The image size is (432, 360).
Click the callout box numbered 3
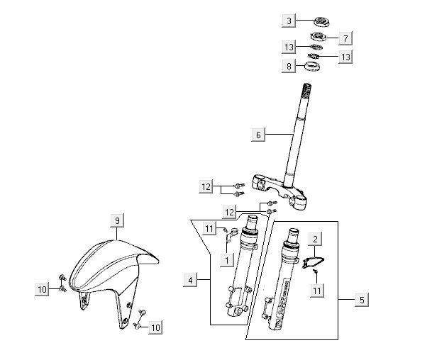coord(289,21)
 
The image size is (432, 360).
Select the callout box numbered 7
coord(345,37)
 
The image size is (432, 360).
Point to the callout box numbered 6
coord(259,134)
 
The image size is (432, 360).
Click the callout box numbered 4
coord(190,281)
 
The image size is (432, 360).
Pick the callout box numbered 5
coord(361,300)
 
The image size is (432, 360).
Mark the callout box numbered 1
coord(226,260)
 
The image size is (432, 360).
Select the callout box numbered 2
coord(316,240)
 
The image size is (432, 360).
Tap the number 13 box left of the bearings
coord(289,47)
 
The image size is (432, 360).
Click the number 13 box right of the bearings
coord(345,57)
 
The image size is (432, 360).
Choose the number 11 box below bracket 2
coord(316,291)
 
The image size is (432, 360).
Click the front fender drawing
coord(113,276)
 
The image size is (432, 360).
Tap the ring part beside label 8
coord(311,68)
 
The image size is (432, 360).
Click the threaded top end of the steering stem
coord(307,91)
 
